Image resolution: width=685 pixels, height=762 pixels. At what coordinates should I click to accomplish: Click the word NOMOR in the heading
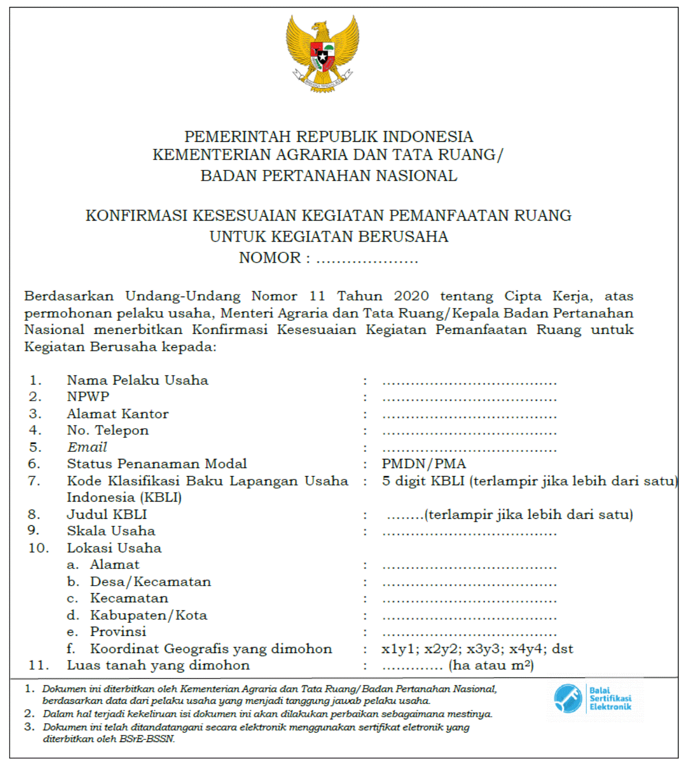[x=269, y=258]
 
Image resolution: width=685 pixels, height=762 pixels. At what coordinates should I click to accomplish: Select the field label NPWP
[x=88, y=397]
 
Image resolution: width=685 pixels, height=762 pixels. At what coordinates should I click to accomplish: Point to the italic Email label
[x=87, y=447]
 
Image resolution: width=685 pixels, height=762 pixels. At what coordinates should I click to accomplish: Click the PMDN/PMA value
[x=424, y=464]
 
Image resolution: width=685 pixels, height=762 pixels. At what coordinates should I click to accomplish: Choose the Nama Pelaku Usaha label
[x=137, y=380]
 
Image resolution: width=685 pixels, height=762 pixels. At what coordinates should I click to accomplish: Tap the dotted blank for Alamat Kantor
[x=469, y=415]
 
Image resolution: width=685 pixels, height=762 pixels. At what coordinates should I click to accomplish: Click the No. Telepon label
[x=107, y=430]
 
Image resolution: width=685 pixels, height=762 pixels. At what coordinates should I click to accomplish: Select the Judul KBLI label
[x=107, y=514]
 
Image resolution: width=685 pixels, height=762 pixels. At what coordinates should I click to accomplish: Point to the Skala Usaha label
[x=110, y=531]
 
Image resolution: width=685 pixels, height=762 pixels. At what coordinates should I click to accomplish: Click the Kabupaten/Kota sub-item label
[x=148, y=615]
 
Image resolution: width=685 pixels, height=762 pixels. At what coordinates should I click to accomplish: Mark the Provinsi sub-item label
[x=118, y=631]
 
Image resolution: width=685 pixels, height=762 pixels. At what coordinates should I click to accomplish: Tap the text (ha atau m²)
[x=491, y=665]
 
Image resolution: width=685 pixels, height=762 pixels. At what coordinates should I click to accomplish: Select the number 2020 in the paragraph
[x=411, y=296]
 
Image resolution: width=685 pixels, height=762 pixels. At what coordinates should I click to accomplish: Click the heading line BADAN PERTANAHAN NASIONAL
[x=329, y=176]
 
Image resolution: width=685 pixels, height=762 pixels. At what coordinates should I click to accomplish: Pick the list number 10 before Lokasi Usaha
[x=38, y=548]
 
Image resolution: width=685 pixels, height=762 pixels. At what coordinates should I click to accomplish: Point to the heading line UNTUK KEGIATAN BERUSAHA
[x=329, y=237]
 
